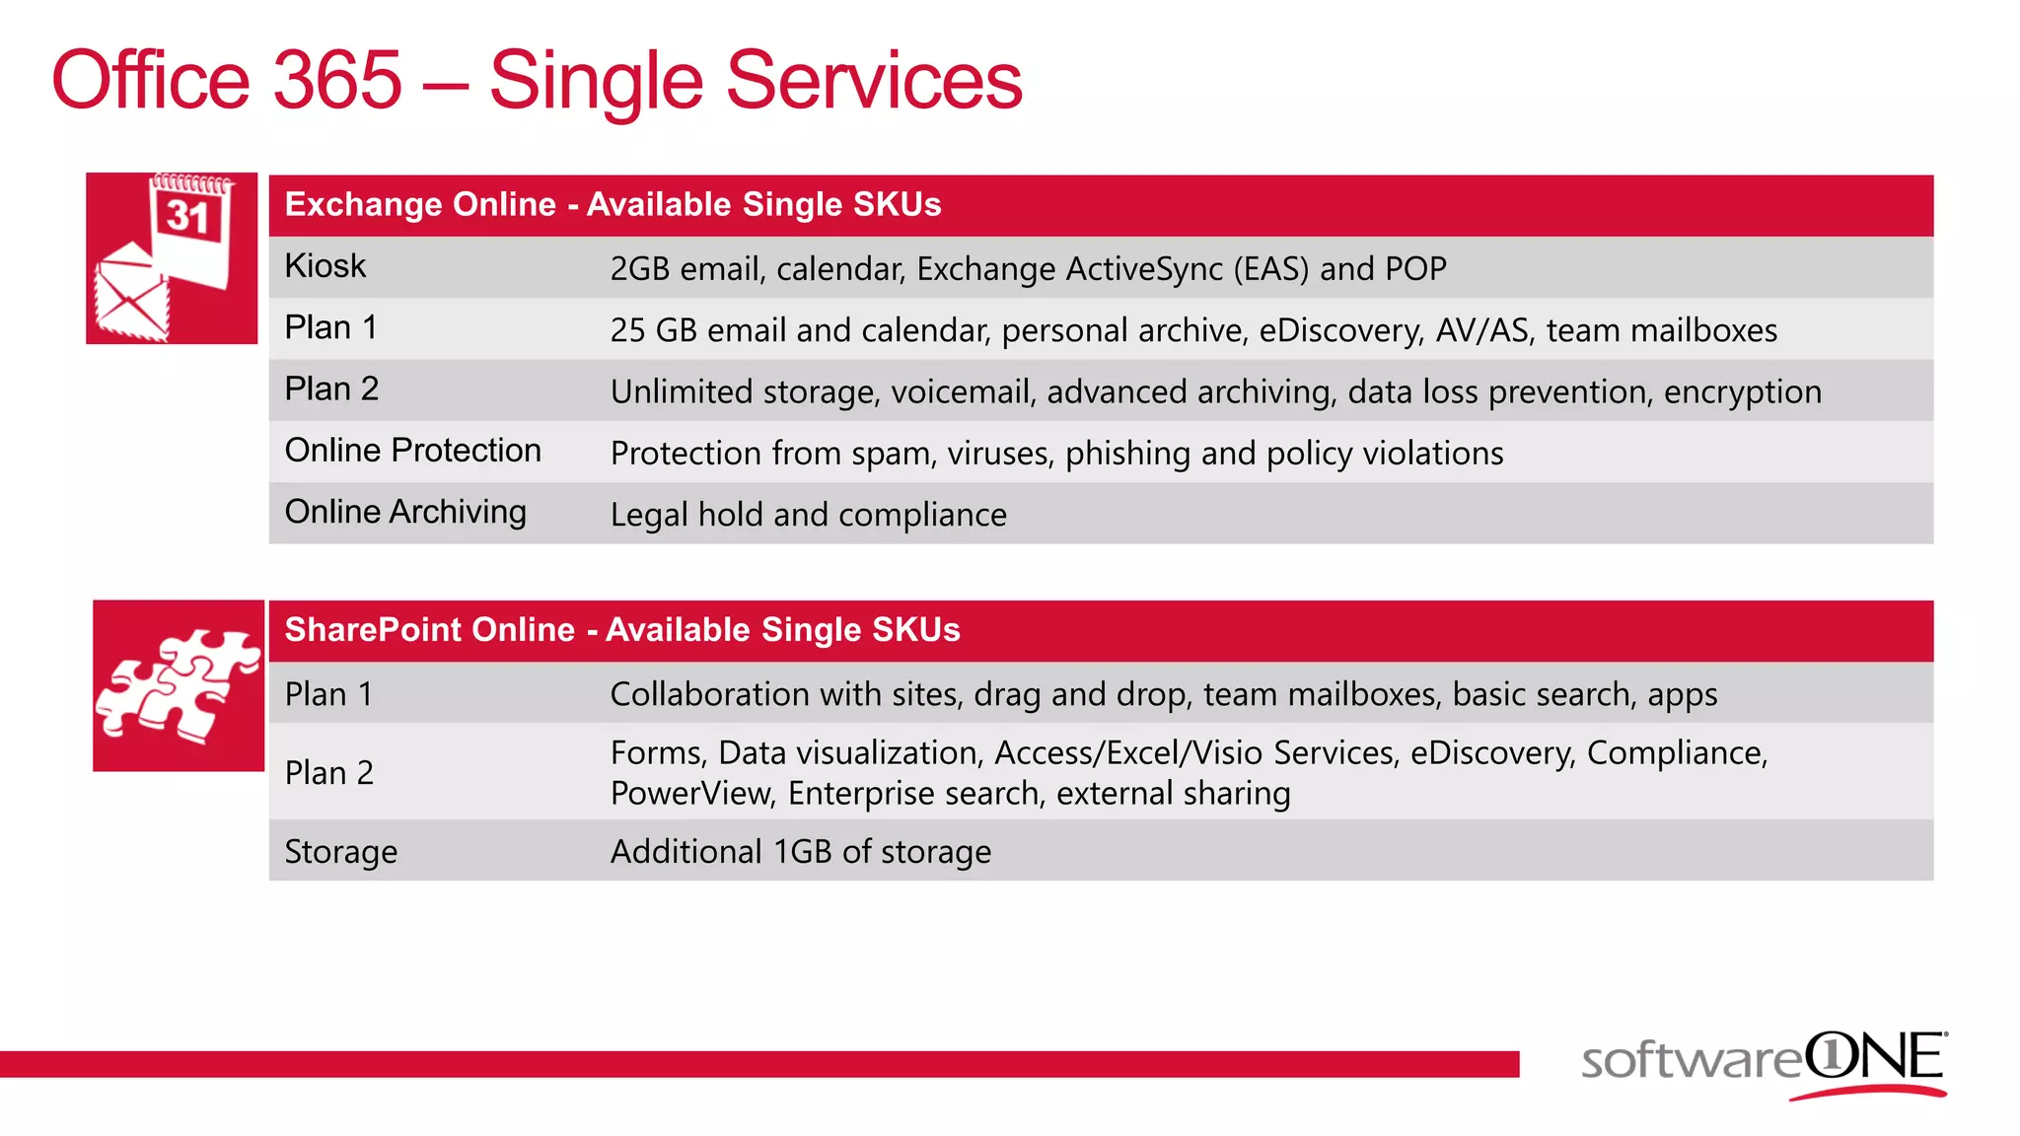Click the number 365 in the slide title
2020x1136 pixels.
coord(336,81)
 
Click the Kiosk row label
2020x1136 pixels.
coord(325,266)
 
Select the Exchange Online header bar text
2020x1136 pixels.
coord(613,204)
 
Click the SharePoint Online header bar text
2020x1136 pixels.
coord(621,630)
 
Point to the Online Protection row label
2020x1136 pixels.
coord(412,451)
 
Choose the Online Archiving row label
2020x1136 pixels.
coord(405,512)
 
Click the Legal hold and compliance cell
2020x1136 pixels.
coord(808,515)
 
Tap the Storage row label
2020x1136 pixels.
coord(340,852)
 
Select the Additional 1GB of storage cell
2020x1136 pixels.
coord(800,852)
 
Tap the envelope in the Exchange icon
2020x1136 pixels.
coord(131,296)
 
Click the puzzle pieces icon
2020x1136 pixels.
coord(178,686)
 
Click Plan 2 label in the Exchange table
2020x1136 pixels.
coord(331,390)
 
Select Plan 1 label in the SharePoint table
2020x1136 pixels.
coord(328,695)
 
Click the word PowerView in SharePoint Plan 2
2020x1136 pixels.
coord(691,794)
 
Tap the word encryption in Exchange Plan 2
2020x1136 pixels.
coord(1742,392)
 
